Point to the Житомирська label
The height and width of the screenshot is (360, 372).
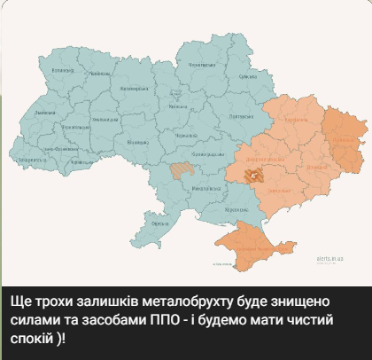[x=134, y=88]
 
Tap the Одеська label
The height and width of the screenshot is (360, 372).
[x=160, y=224]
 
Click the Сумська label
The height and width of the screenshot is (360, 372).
[x=247, y=76]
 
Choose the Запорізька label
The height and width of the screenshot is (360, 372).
[x=281, y=190]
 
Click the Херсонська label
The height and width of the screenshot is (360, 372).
[x=236, y=208]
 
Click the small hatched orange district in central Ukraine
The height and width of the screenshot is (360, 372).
[x=183, y=168]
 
